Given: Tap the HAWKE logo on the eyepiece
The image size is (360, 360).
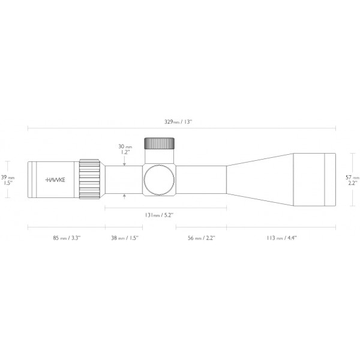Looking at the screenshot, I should (x=57, y=179).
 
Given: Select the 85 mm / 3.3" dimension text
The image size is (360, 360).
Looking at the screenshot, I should (x=67, y=238).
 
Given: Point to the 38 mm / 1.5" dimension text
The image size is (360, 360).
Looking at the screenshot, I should (x=124, y=238).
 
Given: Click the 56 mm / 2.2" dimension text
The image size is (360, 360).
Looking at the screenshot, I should (x=201, y=238).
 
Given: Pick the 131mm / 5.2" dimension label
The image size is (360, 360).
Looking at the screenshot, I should (x=160, y=214).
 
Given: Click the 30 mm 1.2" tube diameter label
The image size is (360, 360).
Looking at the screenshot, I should (x=125, y=149).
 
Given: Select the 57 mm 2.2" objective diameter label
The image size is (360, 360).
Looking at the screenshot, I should (x=352, y=181).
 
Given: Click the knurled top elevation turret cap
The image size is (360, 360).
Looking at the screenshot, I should (x=159, y=144).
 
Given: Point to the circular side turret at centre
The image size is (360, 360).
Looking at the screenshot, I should (x=159, y=179).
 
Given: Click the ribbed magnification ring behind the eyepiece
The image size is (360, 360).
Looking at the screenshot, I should (x=90, y=179).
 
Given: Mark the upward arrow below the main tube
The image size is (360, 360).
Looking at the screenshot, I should (x=125, y=196).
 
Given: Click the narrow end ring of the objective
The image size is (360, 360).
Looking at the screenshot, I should (x=330, y=179).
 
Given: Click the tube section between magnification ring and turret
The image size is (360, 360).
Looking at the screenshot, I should (x=123, y=179).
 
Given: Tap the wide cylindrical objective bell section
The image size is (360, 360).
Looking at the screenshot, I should (x=308, y=179).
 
